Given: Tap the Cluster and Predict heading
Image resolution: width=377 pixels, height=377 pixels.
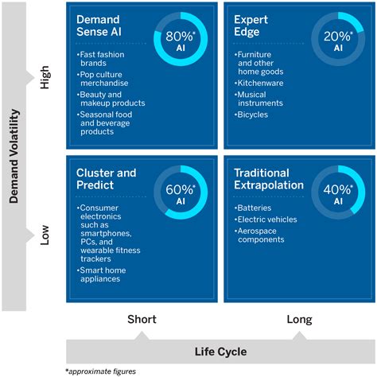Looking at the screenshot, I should (x=106, y=179).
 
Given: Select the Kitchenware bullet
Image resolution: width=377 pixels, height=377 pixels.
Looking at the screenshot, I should (x=259, y=82).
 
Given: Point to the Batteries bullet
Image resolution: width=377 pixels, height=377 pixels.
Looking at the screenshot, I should (x=255, y=207).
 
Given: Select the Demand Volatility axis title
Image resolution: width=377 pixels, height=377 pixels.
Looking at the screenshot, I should (x=14, y=156).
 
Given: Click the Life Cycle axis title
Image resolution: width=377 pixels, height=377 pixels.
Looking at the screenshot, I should (x=220, y=351).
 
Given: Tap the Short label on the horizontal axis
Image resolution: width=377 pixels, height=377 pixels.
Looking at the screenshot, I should (x=142, y=320).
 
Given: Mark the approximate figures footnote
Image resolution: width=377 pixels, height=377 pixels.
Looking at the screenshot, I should (x=100, y=371).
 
